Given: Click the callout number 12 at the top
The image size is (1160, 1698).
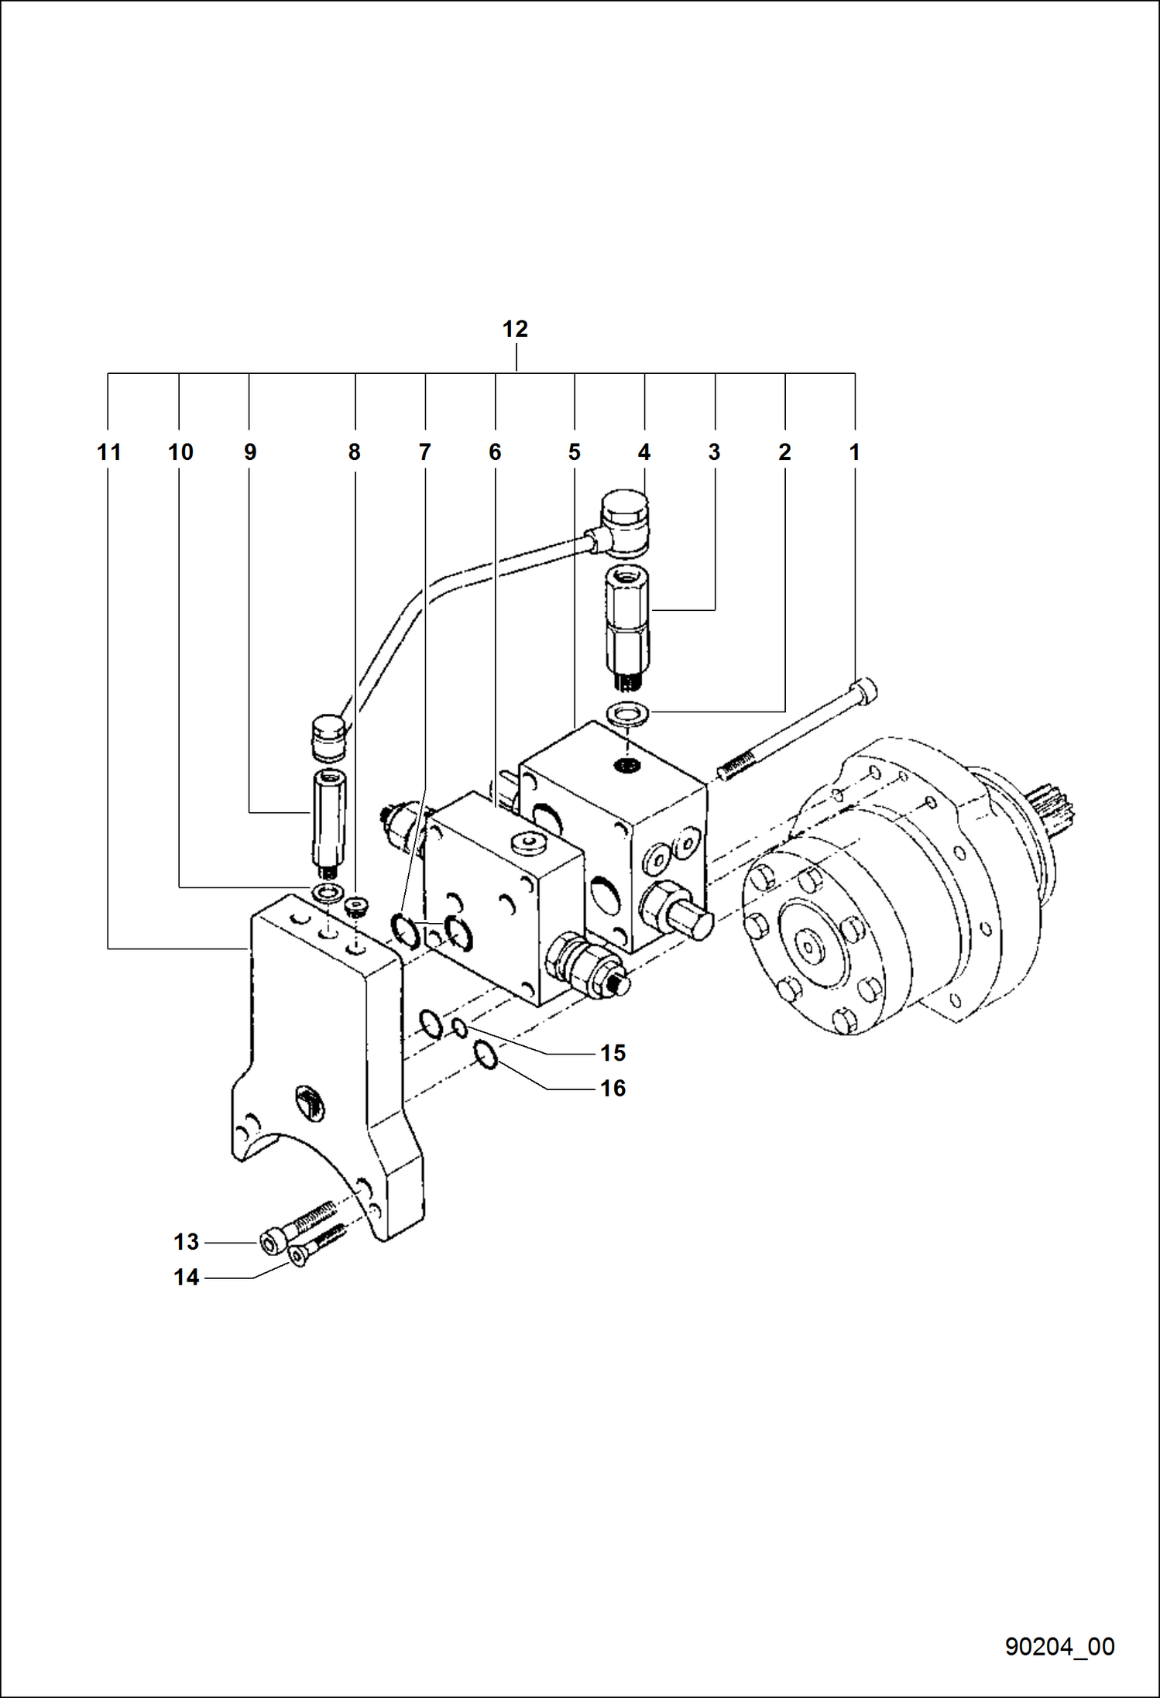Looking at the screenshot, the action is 515,329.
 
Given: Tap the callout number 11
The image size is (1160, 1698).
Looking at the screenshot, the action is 109,452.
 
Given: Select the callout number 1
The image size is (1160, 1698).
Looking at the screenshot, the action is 855,452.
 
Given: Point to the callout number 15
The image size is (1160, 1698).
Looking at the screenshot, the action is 613,1053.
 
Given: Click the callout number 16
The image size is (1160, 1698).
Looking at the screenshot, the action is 613,1089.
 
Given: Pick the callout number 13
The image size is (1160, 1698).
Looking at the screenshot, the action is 186,1242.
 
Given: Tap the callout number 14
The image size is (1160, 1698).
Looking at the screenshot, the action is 186,1278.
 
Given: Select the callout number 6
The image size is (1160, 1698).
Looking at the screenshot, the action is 495,452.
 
